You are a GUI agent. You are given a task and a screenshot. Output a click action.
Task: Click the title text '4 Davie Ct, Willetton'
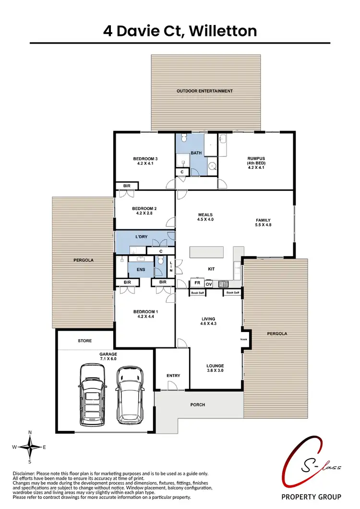[x=180, y=31]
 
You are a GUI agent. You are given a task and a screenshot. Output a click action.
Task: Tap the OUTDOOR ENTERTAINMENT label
[x=204, y=91]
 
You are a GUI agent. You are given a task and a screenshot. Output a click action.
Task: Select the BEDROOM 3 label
[x=145, y=161]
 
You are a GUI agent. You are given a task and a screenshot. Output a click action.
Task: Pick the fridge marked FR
[x=197, y=283]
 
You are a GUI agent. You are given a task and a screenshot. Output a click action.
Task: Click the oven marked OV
[x=209, y=284]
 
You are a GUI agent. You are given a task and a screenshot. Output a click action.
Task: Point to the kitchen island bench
[x=207, y=252]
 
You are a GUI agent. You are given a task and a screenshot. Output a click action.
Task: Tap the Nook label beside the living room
[x=244, y=339]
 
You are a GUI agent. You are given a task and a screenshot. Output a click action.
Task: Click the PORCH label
[x=198, y=404]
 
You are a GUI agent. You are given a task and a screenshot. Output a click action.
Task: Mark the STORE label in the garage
[x=85, y=341]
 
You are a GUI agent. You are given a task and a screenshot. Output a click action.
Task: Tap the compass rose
[x=30, y=447]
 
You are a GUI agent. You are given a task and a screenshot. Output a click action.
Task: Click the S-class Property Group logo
[x=311, y=475]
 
